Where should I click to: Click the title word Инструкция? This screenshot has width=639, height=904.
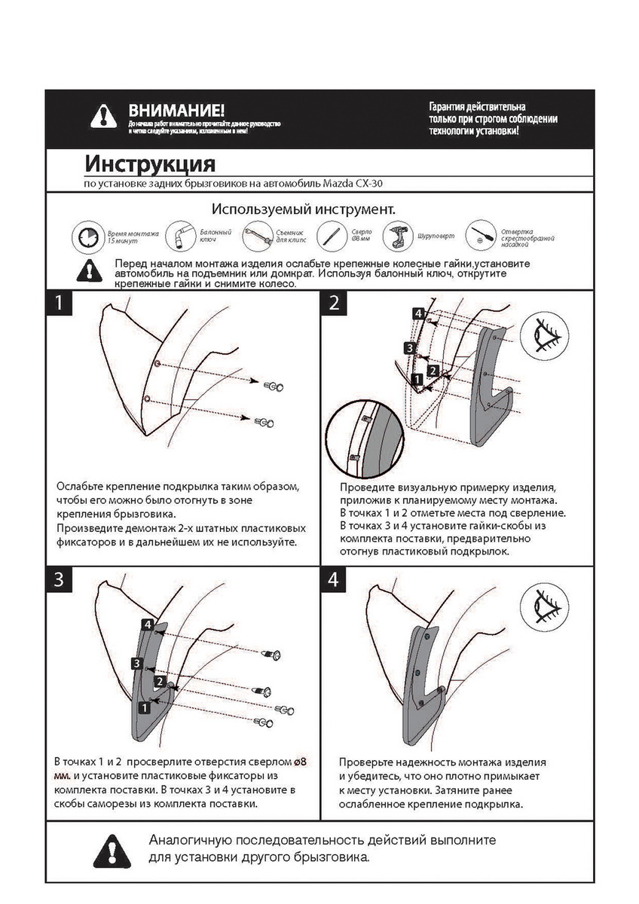click(150, 164)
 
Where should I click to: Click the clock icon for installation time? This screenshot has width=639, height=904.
click(87, 239)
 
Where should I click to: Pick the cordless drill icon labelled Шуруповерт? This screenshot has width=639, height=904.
click(396, 237)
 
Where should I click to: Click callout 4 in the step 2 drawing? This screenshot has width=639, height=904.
click(418, 313)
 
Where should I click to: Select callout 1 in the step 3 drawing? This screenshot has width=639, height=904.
click(142, 707)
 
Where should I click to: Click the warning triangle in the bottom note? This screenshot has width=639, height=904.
click(112, 851)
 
